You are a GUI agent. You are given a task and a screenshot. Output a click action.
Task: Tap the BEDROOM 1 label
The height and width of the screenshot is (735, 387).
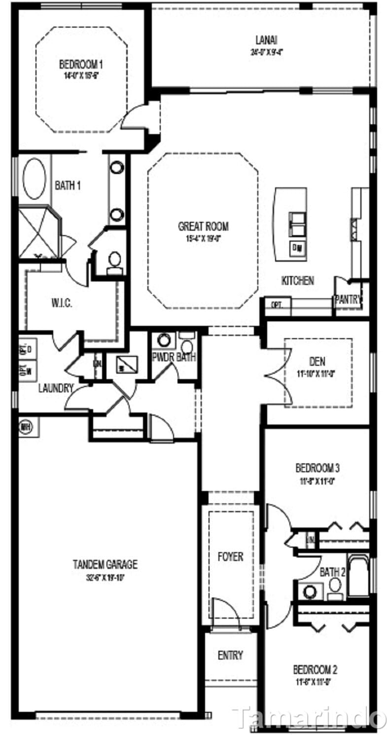[81, 65]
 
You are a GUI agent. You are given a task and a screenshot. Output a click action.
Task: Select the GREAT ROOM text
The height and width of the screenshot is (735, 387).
[203, 227]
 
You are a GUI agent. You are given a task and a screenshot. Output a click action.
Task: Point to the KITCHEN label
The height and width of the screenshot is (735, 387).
[297, 280]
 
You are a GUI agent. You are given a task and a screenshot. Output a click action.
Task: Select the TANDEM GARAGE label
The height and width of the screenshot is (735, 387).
[105, 564]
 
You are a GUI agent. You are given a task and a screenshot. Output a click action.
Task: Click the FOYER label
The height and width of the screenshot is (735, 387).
[230, 557]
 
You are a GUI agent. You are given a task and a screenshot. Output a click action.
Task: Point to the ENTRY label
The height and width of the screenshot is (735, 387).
[230, 655]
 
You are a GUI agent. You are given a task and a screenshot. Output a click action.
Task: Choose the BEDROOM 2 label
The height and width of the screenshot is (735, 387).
[315, 670]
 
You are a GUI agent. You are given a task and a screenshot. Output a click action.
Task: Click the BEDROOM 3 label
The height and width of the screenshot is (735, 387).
[317, 467]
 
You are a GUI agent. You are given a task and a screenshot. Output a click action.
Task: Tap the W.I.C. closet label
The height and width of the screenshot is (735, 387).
[62, 303]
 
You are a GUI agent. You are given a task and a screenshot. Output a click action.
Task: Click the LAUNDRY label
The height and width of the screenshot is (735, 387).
[56, 388]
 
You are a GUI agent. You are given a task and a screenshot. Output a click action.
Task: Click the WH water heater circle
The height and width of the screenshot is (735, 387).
[25, 426]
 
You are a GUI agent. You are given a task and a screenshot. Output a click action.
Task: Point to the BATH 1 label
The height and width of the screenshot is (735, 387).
[68, 185]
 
